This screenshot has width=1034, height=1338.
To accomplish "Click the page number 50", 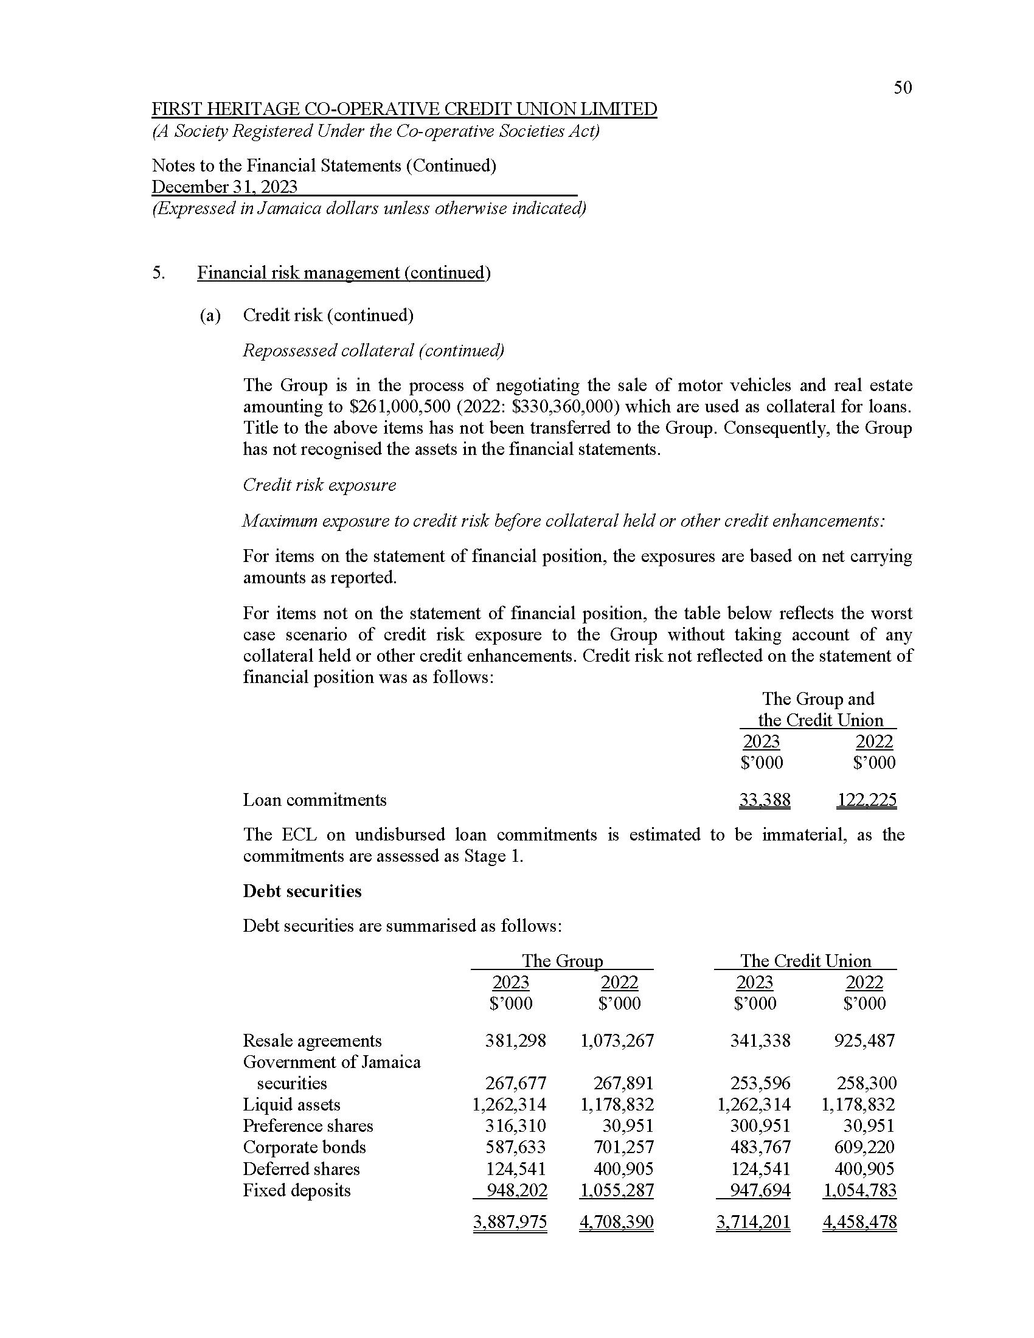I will (x=902, y=88).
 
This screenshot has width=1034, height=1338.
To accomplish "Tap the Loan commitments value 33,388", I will (x=765, y=800).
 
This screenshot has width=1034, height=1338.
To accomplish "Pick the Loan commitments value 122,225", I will (x=866, y=800).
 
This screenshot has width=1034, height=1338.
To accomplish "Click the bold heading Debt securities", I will (x=302, y=891).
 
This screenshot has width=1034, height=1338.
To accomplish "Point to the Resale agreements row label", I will (x=312, y=1040).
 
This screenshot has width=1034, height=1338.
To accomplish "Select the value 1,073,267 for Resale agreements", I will (x=617, y=1040).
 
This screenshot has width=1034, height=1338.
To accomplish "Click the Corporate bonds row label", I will (x=304, y=1147).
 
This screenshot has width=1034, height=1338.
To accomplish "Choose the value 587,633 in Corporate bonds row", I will (x=515, y=1147).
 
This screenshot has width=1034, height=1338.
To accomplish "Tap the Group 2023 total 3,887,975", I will (x=510, y=1222).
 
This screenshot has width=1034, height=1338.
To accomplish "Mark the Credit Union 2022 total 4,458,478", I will (x=859, y=1222).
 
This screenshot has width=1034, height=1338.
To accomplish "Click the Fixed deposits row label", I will (x=296, y=1190).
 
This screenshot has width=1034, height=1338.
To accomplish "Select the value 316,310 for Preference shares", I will (x=515, y=1125).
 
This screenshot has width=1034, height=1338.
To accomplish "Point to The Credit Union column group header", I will (x=805, y=960).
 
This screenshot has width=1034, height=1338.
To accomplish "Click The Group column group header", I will (x=562, y=960).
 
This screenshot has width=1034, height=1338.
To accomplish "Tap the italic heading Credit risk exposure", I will (x=319, y=485).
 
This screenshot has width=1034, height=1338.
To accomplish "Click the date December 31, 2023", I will (x=224, y=187).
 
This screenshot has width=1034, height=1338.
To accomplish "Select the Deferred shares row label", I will (x=300, y=1169).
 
